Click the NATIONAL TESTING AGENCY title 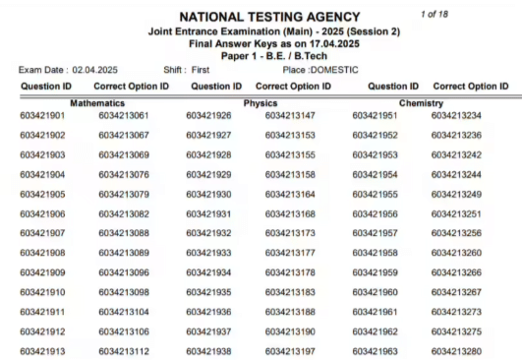(261, 15)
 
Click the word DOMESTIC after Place (333, 67)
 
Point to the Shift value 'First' (213, 67)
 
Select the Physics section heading (261, 102)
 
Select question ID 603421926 (208, 116)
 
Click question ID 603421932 (208, 233)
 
